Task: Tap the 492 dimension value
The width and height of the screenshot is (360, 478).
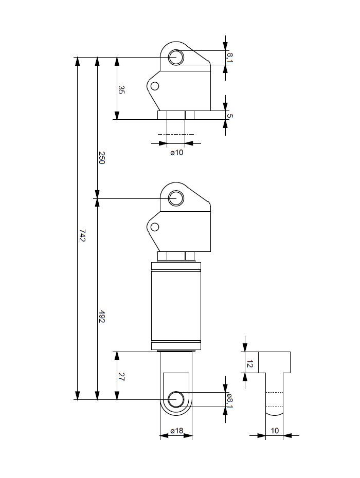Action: click(x=102, y=316)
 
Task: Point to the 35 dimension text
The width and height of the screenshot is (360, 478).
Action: click(x=121, y=90)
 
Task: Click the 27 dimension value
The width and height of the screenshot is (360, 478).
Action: click(x=121, y=376)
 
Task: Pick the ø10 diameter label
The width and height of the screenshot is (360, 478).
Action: click(x=176, y=153)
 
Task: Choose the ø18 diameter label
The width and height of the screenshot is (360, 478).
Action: click(x=176, y=431)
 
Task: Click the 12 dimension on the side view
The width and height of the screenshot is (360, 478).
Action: click(x=249, y=364)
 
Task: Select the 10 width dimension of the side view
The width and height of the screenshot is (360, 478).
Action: click(x=275, y=431)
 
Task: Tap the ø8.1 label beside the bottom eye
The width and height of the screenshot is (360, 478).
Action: click(x=230, y=399)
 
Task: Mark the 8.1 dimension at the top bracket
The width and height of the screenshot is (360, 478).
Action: click(x=230, y=58)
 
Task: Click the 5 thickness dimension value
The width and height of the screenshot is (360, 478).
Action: click(x=230, y=116)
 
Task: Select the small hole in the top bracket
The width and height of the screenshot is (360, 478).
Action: click(x=155, y=86)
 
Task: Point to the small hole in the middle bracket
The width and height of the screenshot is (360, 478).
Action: click(x=155, y=227)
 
